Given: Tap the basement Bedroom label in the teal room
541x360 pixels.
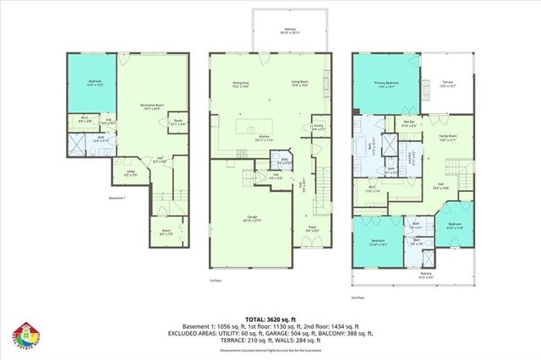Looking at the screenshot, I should click(x=95, y=84).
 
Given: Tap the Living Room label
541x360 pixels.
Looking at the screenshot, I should click(x=300, y=84).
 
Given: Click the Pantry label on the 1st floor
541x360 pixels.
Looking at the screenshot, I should click(x=318, y=128).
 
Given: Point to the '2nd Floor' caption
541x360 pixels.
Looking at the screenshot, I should click(x=360, y=297).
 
